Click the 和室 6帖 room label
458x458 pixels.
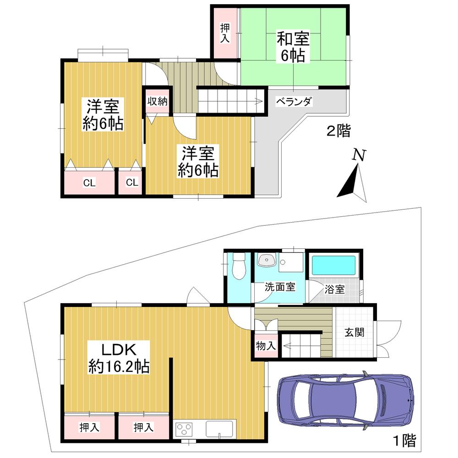pos(293,47)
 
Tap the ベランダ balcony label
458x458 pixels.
pos(294,102)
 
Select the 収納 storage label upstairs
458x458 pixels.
pos(157,102)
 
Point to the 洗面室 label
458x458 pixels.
pos(280,287)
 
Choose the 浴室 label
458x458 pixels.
pos(335,289)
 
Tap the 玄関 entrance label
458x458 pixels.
pos(354,333)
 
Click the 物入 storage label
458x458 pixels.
pos(266,345)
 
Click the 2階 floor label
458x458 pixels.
pos(338,132)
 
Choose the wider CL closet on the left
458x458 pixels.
pos(89,183)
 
